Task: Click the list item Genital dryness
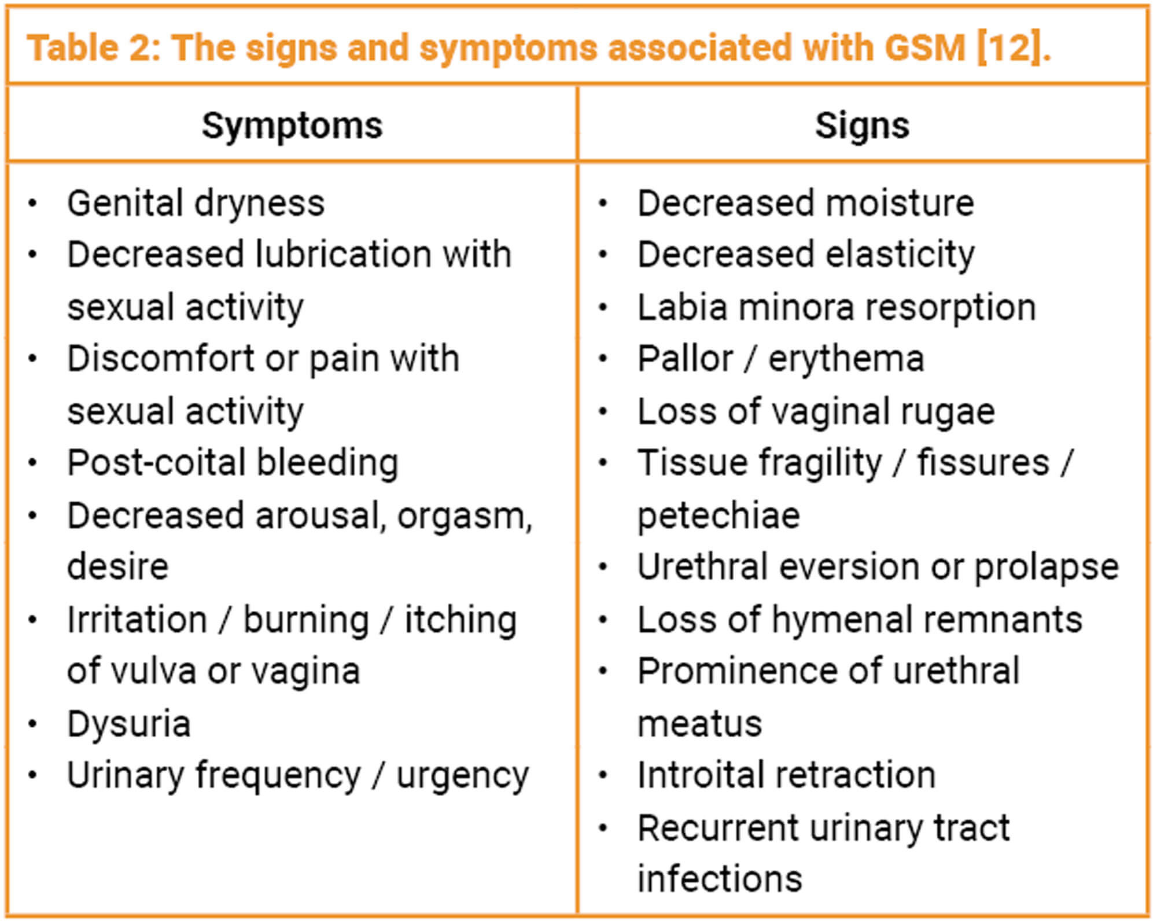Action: [x=196, y=204]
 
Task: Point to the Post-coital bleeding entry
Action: [x=233, y=463]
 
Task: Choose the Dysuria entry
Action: [x=129, y=724]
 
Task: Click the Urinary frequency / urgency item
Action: [x=298, y=775]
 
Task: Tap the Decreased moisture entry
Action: [x=806, y=203]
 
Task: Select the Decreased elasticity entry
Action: [x=806, y=255]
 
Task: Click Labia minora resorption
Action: [x=837, y=307]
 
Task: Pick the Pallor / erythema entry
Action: [x=781, y=359]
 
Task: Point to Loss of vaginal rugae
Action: [x=816, y=411]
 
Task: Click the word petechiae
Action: [x=718, y=516]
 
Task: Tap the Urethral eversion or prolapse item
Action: [x=878, y=567]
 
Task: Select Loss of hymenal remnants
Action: [x=860, y=620]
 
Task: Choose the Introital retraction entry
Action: [x=786, y=775]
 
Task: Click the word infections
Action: [x=720, y=879]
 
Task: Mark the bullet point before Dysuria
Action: [x=33, y=724]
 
